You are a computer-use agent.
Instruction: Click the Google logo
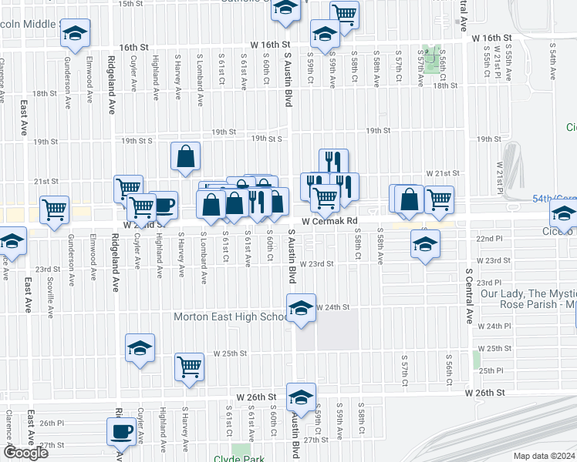click(x=25, y=453)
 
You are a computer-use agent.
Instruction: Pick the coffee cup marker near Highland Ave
click(x=164, y=205)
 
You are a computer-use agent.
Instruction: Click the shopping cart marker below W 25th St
click(x=189, y=367)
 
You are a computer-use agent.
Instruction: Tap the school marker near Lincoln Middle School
click(x=75, y=34)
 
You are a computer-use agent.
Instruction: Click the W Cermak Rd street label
click(x=331, y=222)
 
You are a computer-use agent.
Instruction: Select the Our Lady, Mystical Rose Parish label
click(x=527, y=299)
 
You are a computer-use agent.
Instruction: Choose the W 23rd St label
click(x=319, y=263)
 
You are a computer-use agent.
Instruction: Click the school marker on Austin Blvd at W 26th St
click(x=301, y=397)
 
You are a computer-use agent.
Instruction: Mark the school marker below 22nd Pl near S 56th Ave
click(x=424, y=243)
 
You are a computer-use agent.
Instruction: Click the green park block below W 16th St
click(x=434, y=60)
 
